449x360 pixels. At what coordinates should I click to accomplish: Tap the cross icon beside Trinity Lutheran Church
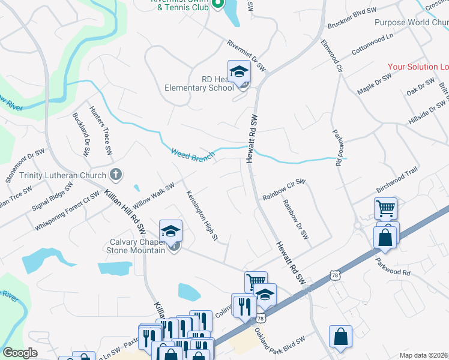click(116, 175)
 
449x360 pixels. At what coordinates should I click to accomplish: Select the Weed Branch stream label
click(193, 154)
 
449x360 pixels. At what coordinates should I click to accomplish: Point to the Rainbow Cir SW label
click(285, 197)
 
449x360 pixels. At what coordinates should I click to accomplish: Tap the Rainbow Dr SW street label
click(296, 220)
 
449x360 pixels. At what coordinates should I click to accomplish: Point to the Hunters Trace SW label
click(101, 131)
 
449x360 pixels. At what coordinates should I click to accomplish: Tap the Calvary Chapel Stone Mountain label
click(137, 246)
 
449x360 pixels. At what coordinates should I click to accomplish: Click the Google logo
click(20, 353)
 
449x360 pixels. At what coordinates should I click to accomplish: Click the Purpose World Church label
click(411, 23)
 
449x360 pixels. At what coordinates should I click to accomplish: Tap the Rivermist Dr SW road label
click(246, 56)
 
